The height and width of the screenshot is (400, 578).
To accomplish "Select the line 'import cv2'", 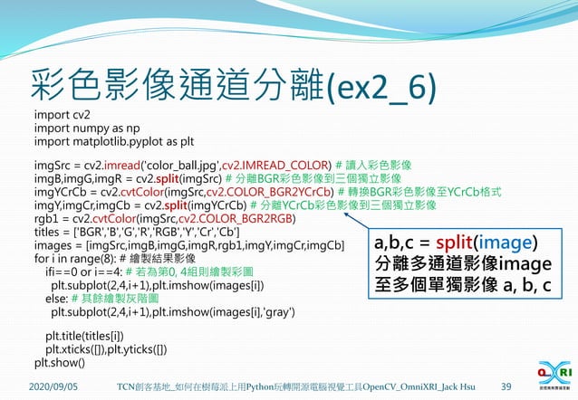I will pyautogui.click(x=62, y=116).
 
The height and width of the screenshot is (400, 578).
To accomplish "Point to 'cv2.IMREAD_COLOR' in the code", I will pyautogui.click(x=275, y=167).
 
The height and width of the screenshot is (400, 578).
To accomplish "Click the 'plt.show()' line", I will pyautogui.click(x=59, y=363).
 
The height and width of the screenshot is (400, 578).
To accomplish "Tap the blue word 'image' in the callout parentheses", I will pyautogui.click(x=504, y=244).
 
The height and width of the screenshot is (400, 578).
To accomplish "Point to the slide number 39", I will pyautogui.click(x=506, y=386).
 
